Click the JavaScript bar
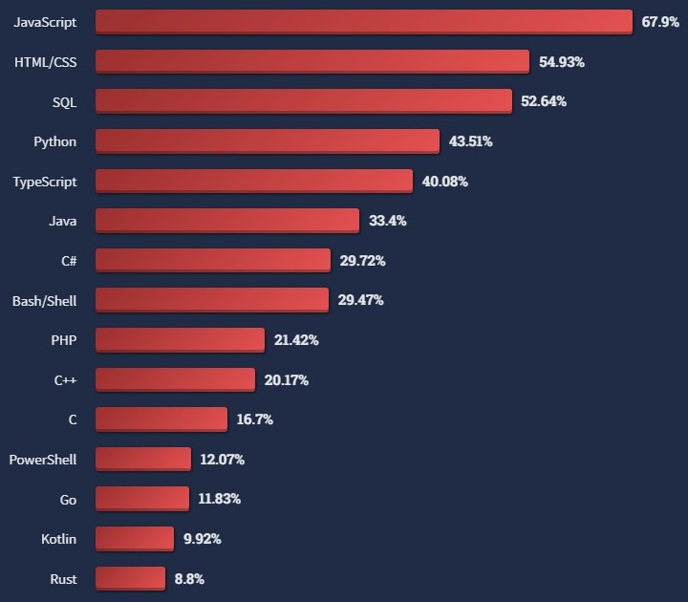pos(363,22)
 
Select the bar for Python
pos(268,141)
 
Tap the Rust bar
pos(130,579)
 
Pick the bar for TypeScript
pos(254,182)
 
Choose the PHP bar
pos(180,340)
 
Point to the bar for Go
pos(142,499)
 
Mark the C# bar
pos(213,261)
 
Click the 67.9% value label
pos(660,22)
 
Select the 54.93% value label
pos(562,62)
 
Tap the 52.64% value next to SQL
pos(544,101)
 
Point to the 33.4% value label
pos(388,221)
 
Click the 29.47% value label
pos(361,300)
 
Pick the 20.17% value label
pos(287,380)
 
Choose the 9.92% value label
pos(203,539)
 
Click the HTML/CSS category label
pos(46,62)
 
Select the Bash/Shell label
pos(44,301)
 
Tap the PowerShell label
pos(43,460)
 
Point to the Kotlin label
pos(59,539)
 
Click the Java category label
pos(63,221)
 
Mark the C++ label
pos(66,380)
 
